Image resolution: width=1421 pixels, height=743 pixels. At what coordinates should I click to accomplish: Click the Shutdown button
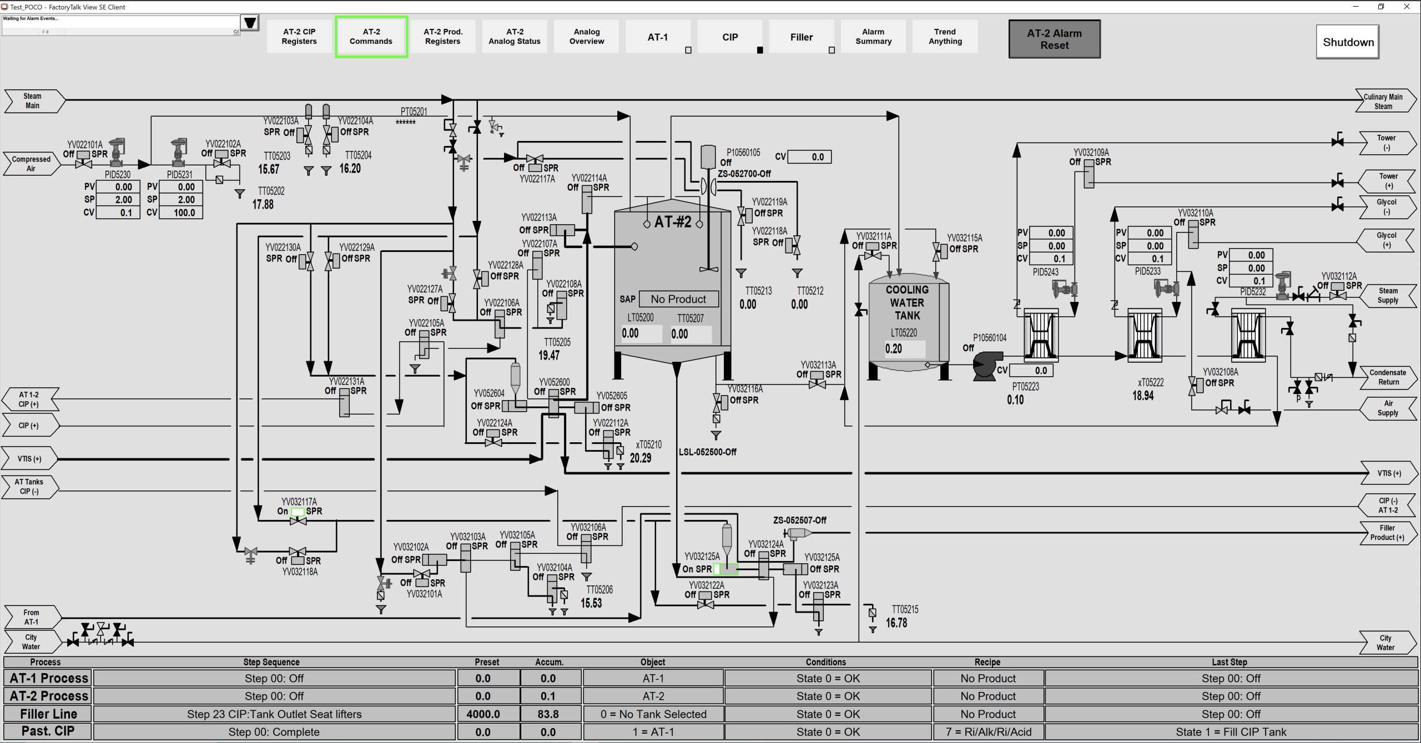(x=1347, y=42)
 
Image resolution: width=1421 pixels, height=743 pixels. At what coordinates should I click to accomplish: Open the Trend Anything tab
(x=945, y=37)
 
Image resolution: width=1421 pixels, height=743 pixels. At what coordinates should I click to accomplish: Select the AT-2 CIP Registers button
(x=299, y=37)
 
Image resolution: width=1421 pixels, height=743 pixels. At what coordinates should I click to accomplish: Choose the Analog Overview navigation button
(x=587, y=37)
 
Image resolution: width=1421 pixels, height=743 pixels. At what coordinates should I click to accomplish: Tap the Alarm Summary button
(x=873, y=37)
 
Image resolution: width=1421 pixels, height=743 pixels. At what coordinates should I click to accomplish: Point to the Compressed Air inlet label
(x=31, y=164)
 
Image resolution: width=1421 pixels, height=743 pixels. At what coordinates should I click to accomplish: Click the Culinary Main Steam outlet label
(x=1384, y=101)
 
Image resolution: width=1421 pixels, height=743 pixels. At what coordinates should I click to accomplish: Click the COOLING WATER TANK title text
(x=907, y=302)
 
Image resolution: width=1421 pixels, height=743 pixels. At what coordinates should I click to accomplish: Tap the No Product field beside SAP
(x=678, y=299)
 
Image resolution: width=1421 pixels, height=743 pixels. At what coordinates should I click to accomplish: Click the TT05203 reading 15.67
(x=269, y=169)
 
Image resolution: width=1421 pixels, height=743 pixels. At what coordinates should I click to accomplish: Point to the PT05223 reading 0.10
(x=1015, y=400)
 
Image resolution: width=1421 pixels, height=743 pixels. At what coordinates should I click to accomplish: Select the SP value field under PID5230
(x=118, y=200)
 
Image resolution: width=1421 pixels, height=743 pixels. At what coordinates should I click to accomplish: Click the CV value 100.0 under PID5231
(x=181, y=213)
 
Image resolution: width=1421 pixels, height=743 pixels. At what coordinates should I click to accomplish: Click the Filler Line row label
(x=48, y=714)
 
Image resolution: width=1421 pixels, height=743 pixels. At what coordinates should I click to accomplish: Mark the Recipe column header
(x=987, y=662)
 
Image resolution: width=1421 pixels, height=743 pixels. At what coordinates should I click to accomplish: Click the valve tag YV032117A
(x=299, y=502)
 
